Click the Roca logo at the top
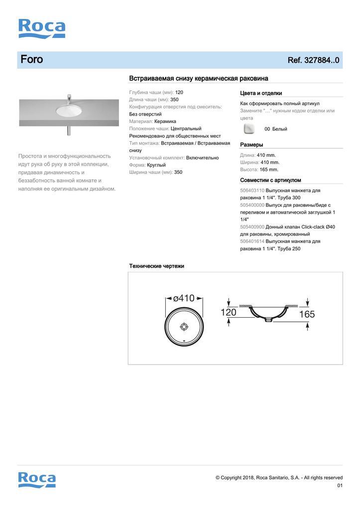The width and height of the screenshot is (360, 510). [42, 28]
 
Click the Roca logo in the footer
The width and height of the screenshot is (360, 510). [37, 479]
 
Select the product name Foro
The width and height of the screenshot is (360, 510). [32, 60]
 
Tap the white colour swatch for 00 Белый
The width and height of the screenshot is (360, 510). [249, 129]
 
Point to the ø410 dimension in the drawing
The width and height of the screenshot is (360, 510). [184, 299]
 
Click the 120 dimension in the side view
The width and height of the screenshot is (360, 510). [229, 312]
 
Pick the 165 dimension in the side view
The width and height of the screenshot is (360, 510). [307, 314]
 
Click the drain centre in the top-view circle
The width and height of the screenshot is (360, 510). [184, 327]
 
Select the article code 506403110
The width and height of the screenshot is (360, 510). [252, 191]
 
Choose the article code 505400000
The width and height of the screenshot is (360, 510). [252, 205]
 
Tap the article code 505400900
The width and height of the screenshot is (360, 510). [252, 227]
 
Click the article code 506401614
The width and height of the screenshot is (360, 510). [252, 242]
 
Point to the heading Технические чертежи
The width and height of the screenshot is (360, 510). [157, 266]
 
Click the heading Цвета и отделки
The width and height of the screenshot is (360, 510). [261, 93]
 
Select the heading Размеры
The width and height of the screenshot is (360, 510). [251, 145]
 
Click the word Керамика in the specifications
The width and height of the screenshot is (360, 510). [165, 122]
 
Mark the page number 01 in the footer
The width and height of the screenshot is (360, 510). [340, 486]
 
